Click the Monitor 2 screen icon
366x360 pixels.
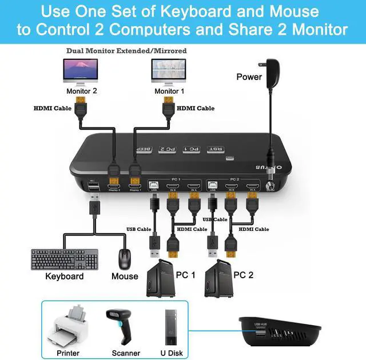(x=82, y=70)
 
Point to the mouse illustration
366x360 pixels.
(x=125, y=259)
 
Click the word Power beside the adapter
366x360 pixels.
(x=249, y=77)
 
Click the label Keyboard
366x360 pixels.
(x=65, y=277)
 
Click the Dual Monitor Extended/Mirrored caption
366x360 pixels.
(x=126, y=51)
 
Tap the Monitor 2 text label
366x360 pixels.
(x=82, y=91)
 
